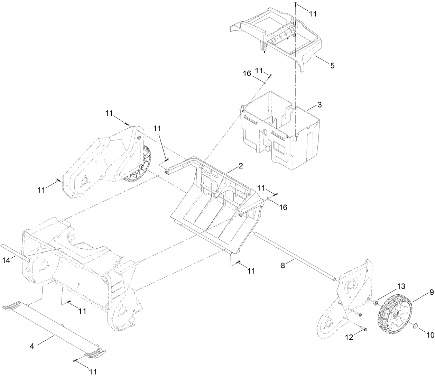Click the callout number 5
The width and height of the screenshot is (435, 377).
coord(332,65)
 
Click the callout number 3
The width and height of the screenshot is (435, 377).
coord(320,104)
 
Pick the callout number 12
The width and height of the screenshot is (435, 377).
coord(349,338)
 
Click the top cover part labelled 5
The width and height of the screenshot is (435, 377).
coord(277,38)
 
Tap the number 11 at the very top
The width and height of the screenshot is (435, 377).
coord(313,14)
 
